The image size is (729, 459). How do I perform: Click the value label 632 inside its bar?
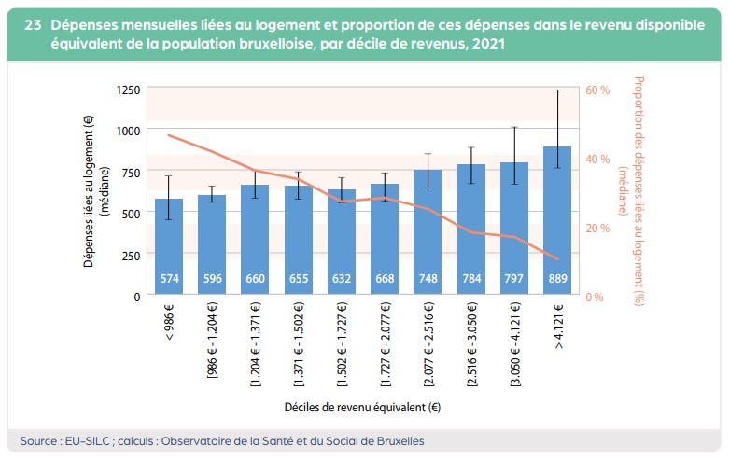point(342,279)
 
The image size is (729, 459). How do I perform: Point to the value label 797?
point(514,279)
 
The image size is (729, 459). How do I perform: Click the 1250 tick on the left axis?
point(129,90)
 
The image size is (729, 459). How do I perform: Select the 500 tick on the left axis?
point(132,214)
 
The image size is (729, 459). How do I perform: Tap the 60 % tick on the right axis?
point(597,90)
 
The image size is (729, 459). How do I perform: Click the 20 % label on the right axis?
point(597,228)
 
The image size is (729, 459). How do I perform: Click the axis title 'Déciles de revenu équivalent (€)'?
point(363,408)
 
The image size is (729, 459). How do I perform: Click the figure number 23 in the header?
point(33,25)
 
